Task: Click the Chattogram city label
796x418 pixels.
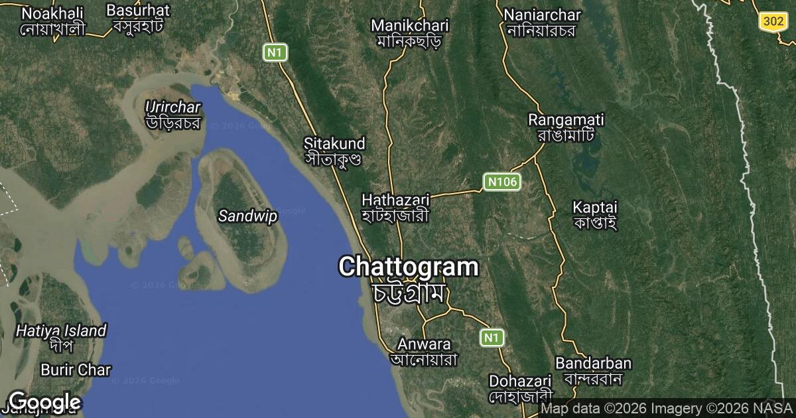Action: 408,267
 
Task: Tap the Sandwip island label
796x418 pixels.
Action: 247,216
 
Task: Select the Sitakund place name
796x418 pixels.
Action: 334,143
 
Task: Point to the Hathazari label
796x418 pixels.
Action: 395,200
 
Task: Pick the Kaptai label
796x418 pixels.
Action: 594,207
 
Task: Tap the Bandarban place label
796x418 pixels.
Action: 593,364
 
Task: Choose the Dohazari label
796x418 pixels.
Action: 520,382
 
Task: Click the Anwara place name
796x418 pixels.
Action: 424,344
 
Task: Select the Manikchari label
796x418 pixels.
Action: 409,26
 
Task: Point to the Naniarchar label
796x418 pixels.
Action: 542,15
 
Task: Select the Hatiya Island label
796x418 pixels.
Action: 61,330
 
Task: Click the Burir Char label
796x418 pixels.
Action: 76,370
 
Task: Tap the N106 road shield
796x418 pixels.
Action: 501,182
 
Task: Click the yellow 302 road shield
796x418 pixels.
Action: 773,21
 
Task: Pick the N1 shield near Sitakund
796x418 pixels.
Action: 275,52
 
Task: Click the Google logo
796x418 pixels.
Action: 44,402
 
